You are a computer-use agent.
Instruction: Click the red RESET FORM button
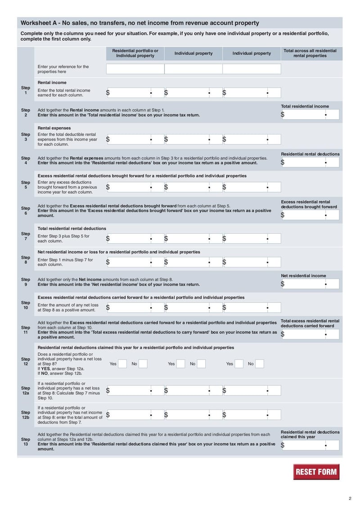pos(316,472)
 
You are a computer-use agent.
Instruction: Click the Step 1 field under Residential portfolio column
pos(135,93)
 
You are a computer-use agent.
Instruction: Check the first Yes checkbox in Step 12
pos(122,364)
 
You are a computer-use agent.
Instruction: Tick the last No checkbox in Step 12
pos(260,364)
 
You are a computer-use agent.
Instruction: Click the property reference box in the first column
pos(135,69)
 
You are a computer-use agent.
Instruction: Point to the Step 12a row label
pos(26,391)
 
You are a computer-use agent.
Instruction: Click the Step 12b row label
pos(26,415)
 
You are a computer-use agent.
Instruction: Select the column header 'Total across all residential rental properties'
pos(310,53)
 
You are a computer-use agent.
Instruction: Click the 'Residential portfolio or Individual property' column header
pos(135,53)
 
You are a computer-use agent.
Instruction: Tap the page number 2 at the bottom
pos(350,498)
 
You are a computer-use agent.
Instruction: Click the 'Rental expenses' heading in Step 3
pos(52,128)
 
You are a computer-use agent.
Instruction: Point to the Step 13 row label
pos(26,442)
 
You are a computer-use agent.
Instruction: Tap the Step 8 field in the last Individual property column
pos(252,262)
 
